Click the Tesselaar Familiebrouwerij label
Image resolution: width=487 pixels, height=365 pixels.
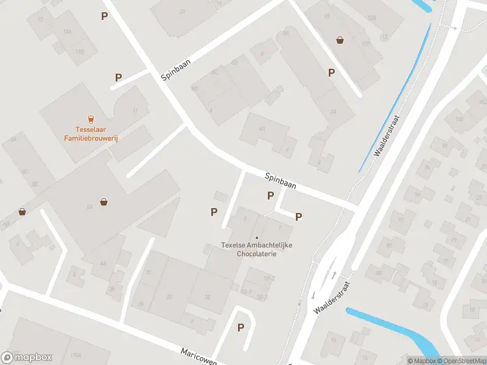point(91,134)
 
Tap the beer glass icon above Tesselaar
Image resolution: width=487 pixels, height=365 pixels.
point(91,119)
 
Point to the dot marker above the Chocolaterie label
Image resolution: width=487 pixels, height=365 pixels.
point(256,237)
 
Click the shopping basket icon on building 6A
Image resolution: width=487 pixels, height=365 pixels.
point(105,201)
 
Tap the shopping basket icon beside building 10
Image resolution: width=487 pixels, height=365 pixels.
point(340,40)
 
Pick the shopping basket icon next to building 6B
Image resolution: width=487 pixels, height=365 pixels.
point(23,212)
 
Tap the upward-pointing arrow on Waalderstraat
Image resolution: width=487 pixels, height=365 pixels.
point(334,275)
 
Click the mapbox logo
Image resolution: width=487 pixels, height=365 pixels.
point(27,357)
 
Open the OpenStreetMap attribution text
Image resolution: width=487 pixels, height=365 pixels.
point(460,361)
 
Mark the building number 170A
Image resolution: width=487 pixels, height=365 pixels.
point(76,354)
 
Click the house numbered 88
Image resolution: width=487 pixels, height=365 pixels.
point(378,272)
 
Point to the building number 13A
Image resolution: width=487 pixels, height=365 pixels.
point(67,31)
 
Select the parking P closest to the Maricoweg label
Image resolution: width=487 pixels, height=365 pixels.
point(240,327)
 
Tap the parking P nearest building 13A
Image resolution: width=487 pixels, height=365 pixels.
point(105,16)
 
